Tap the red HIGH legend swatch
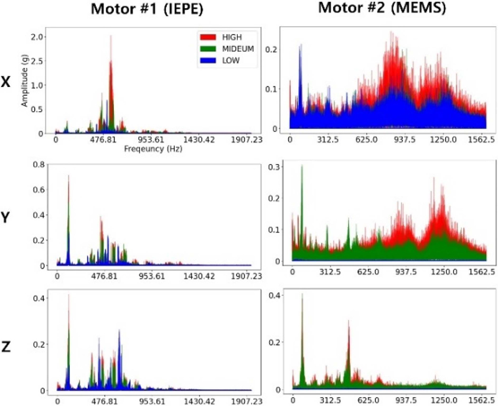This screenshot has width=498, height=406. (x=207, y=37)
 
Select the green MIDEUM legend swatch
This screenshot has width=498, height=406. (x=207, y=48)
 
